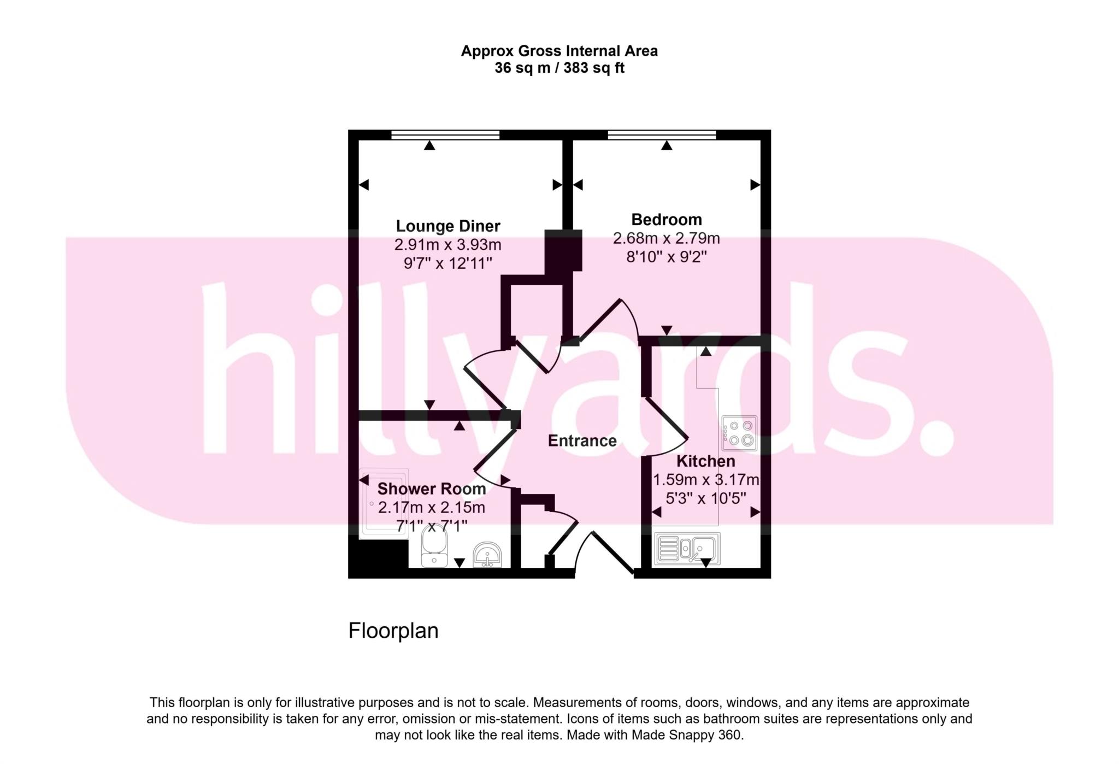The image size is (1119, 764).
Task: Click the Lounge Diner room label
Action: pos(447,226)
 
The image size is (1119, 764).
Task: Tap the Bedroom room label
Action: pos(666,220)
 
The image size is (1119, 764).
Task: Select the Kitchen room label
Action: pos(705,461)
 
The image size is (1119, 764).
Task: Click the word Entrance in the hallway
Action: pos(582,441)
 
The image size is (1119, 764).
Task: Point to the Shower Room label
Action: pos(431,489)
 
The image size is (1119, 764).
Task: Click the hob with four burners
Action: pos(739,433)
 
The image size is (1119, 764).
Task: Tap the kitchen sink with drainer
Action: pos(687,548)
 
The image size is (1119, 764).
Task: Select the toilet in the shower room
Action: pos(434,548)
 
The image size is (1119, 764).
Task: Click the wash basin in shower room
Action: pos(487,554)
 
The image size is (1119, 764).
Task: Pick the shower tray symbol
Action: pos(384,503)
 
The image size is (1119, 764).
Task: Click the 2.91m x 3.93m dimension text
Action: pos(447,245)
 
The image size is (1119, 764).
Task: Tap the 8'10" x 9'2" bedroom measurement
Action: pos(666,257)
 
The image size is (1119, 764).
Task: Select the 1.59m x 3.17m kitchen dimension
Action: pos(706,480)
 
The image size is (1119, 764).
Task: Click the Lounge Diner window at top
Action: pos(445,134)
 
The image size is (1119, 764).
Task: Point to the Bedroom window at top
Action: pos(662,134)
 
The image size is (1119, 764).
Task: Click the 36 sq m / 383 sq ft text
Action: pos(559,68)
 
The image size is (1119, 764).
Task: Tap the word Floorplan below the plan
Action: pos(393,631)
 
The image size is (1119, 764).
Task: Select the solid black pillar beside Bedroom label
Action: pos(563,250)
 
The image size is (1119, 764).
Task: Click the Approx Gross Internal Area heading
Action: pos(559,51)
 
